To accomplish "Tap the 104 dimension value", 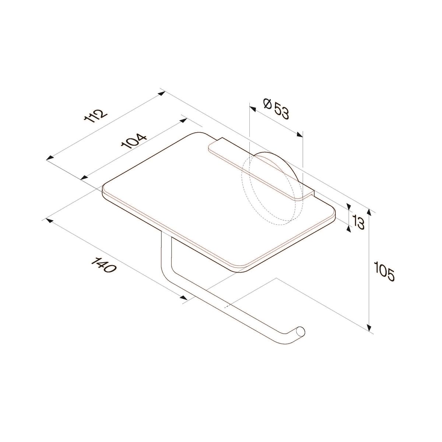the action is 133,141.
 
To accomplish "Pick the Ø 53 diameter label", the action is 277,109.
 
